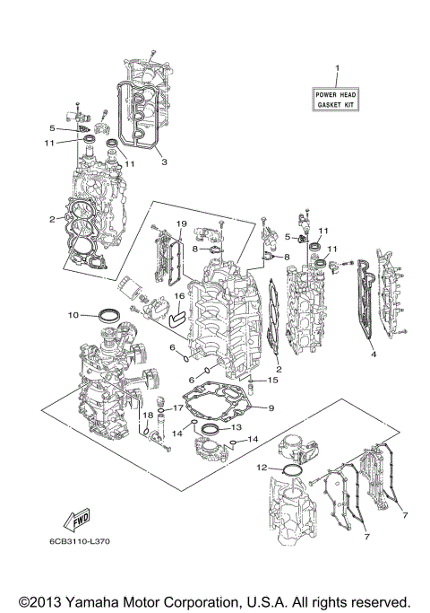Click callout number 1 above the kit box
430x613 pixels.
point(337,69)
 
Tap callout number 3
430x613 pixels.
point(163,162)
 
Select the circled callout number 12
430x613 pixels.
point(262,468)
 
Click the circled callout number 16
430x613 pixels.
point(179,295)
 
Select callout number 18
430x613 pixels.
point(142,419)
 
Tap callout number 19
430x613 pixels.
point(179,223)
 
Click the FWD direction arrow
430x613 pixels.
point(68,521)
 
